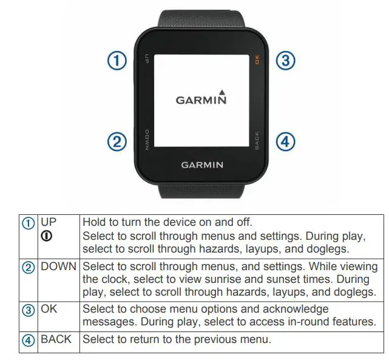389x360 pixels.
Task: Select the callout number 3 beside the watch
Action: click(x=286, y=60)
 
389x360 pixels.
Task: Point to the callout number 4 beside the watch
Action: click(x=285, y=142)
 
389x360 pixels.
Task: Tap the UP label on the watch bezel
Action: click(x=147, y=59)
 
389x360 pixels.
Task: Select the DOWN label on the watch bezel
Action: click(x=147, y=139)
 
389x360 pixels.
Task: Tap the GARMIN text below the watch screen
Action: click(x=202, y=165)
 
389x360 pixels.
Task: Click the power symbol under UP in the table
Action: click(x=46, y=236)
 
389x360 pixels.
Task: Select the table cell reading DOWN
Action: click(x=59, y=267)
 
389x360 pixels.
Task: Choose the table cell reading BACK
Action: click(x=56, y=339)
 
